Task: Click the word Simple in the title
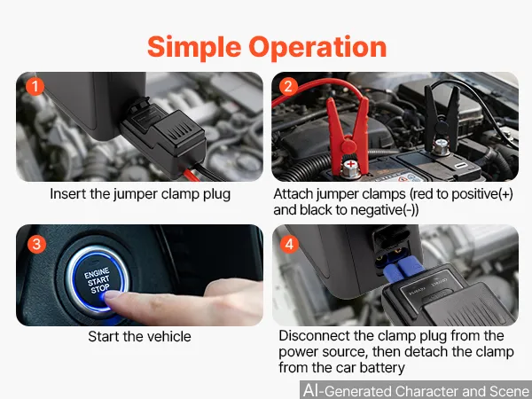point(194,48)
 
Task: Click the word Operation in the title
point(317,48)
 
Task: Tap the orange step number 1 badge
point(35,86)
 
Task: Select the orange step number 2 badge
point(288,86)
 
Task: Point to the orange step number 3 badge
point(36,244)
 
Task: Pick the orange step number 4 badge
point(289,244)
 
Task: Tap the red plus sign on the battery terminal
point(350,165)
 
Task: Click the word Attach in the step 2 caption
point(293,194)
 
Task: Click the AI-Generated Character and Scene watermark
point(417,391)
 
